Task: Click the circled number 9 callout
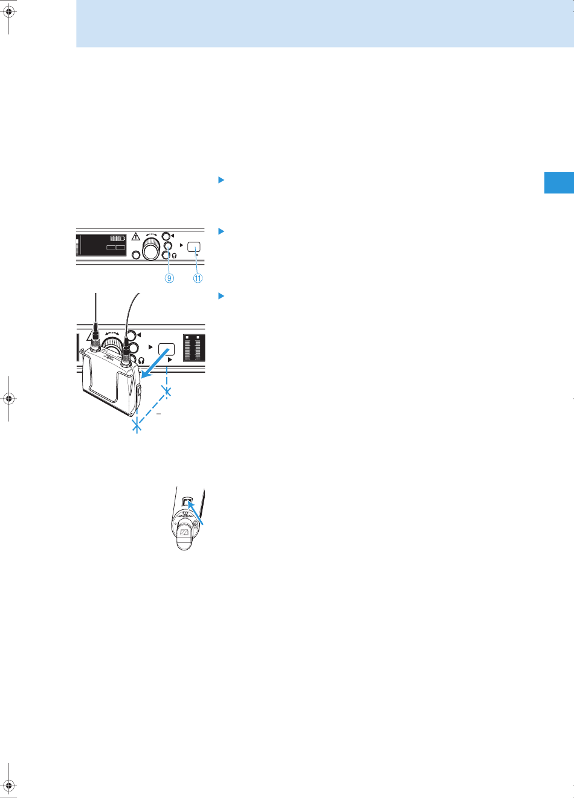(169, 278)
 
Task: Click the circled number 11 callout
(198, 278)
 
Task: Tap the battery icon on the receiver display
(118, 238)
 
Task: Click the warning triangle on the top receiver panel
(135, 237)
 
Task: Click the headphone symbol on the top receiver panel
(175, 256)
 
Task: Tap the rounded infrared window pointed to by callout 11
(194, 247)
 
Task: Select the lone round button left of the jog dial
(136, 255)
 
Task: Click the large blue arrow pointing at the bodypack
(155, 363)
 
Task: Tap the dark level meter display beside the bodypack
(194, 347)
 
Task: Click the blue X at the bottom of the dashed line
(137, 425)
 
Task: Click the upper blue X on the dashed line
(167, 391)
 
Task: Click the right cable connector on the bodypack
(126, 352)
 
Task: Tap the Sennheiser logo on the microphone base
(184, 532)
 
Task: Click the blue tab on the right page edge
(559, 183)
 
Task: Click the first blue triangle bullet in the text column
(221, 180)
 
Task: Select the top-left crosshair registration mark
(9, 12)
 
